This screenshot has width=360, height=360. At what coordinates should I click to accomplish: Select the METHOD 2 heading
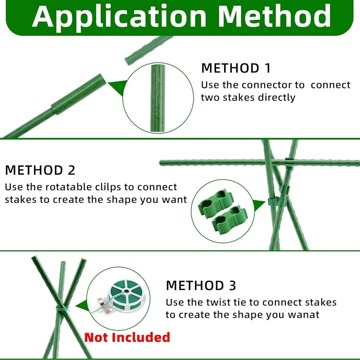40,170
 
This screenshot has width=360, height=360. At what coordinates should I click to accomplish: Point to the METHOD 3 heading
201,285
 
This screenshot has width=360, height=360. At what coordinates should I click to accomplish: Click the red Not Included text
127,337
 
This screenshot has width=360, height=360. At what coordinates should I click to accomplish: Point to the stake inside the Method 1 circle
158,97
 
